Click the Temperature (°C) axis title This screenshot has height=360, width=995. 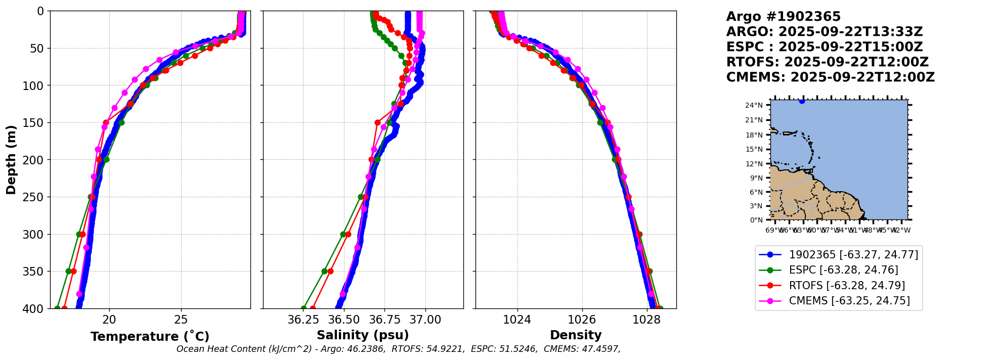click(x=150, y=336)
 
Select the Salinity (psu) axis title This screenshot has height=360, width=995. click(x=363, y=335)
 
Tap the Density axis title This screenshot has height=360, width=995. click(x=576, y=335)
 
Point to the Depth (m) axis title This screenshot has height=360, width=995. click(x=11, y=160)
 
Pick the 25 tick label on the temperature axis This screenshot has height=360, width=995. click(x=181, y=320)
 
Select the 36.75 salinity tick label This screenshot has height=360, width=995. click(x=384, y=320)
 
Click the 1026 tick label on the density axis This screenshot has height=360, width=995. click(x=582, y=320)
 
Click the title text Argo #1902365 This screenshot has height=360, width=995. click(x=783, y=17)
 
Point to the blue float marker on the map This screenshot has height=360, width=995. click(x=802, y=101)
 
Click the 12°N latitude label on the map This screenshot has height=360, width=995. click(x=757, y=164)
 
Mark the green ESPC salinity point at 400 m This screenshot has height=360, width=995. click(x=304, y=308)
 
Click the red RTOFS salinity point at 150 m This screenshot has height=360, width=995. click(x=377, y=122)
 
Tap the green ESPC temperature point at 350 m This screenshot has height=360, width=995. click(x=68, y=271)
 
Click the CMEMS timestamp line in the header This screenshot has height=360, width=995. click(x=830, y=77)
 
